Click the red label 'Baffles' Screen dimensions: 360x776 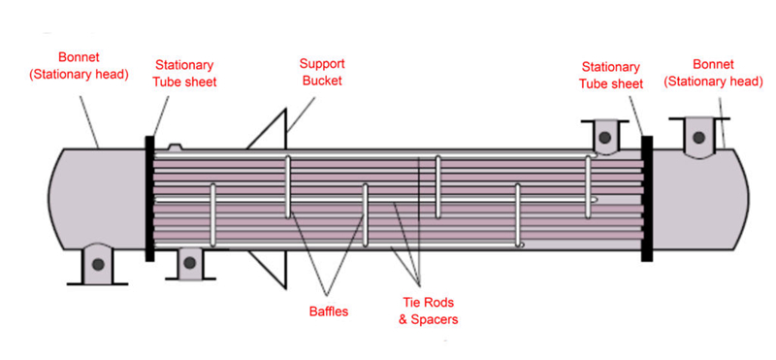[x=328, y=311]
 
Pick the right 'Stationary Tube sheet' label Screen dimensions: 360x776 [x=611, y=75]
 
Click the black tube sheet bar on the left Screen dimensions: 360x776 [x=149, y=198]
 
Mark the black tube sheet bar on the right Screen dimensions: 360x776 [x=647, y=198]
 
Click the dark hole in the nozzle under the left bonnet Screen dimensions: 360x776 [x=97, y=264]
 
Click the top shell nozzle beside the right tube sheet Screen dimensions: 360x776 [x=604, y=136]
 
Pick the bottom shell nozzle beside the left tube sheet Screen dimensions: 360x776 [x=188, y=261]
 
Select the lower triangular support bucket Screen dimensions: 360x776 [x=273, y=269]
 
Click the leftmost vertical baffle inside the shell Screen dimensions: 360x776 [x=212, y=219]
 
